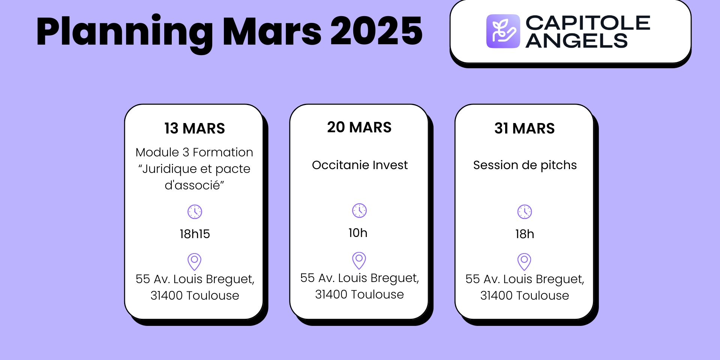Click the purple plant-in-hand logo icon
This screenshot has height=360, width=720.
click(503, 31)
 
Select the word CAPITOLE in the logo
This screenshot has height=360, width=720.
click(588, 23)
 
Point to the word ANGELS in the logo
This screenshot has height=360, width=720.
click(576, 41)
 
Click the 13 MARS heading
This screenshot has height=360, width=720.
click(195, 129)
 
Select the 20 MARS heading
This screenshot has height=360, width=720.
click(359, 127)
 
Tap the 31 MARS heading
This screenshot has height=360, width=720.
click(524, 129)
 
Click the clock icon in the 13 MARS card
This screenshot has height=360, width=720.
click(195, 212)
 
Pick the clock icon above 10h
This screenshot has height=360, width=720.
click(359, 211)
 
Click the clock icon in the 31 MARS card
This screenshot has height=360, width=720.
click(525, 212)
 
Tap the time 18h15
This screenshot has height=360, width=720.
click(195, 234)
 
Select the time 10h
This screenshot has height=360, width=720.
click(358, 233)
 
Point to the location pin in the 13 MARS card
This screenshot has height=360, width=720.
click(194, 261)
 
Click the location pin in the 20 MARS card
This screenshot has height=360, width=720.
click(359, 260)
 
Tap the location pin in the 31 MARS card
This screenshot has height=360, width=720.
click(524, 261)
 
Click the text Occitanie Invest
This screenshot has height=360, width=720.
click(360, 165)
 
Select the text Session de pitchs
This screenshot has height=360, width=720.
click(525, 165)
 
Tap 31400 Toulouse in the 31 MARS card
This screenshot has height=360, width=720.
click(524, 295)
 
